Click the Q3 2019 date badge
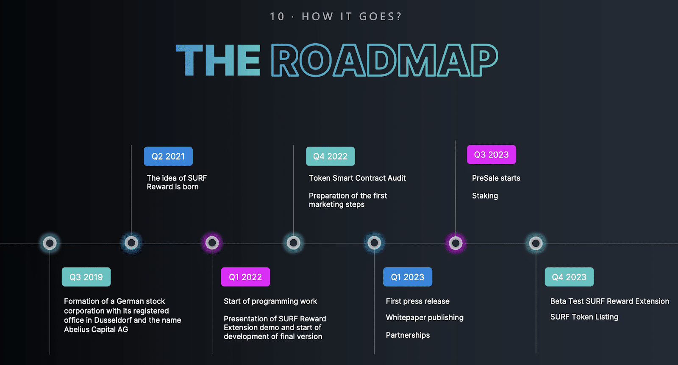tap(86, 277)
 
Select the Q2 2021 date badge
tap(168, 156)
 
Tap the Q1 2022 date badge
tap(245, 277)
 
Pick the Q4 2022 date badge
tap(330, 156)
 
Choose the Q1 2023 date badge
tap(407, 277)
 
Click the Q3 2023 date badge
tap(491, 155)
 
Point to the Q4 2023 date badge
tap(569, 277)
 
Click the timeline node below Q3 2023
tap(456, 243)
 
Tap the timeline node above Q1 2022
tap(212, 243)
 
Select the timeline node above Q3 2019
tap(50, 243)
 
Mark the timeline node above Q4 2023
tap(536, 243)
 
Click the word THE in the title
tap(218, 60)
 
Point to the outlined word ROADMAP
tap(384, 60)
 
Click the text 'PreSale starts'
tap(496, 178)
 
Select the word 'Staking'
tap(485, 196)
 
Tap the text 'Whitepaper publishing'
tap(425, 318)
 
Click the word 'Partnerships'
tap(408, 335)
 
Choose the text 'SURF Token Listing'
tap(584, 317)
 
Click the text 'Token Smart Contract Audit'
tap(357, 178)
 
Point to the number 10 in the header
tap(277, 17)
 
